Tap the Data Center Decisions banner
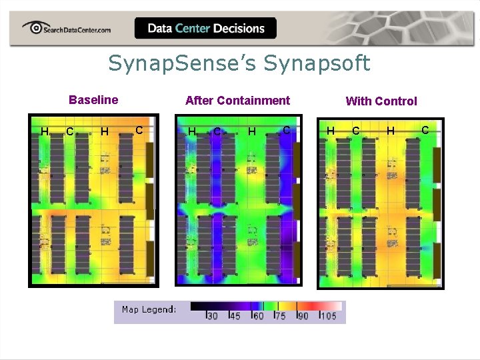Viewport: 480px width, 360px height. pos(205,28)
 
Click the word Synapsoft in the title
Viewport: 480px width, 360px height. pos(317,64)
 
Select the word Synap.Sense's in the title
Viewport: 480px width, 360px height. pos(183,64)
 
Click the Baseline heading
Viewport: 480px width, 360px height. pos(93,100)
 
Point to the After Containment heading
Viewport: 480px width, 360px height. pos(237,101)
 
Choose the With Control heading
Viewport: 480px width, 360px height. pos(381,101)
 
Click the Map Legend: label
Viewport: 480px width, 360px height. pos(149,309)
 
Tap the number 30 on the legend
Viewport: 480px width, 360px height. pos(213,316)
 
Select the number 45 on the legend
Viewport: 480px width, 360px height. pos(235,316)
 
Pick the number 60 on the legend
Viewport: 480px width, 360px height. pos(258,316)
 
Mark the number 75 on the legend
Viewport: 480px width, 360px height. pos(280,316)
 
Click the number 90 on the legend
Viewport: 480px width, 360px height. pos(303,316)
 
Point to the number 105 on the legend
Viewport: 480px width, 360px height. pos(327,316)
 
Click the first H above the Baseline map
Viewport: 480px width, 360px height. pos(45,131)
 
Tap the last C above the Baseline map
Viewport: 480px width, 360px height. pos(139,129)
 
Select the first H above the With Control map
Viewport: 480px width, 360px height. pos(330,131)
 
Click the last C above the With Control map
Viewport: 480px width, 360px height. pos(425,129)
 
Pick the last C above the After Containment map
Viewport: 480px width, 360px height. pos(286,129)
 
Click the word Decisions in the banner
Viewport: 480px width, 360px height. pos(239,28)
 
